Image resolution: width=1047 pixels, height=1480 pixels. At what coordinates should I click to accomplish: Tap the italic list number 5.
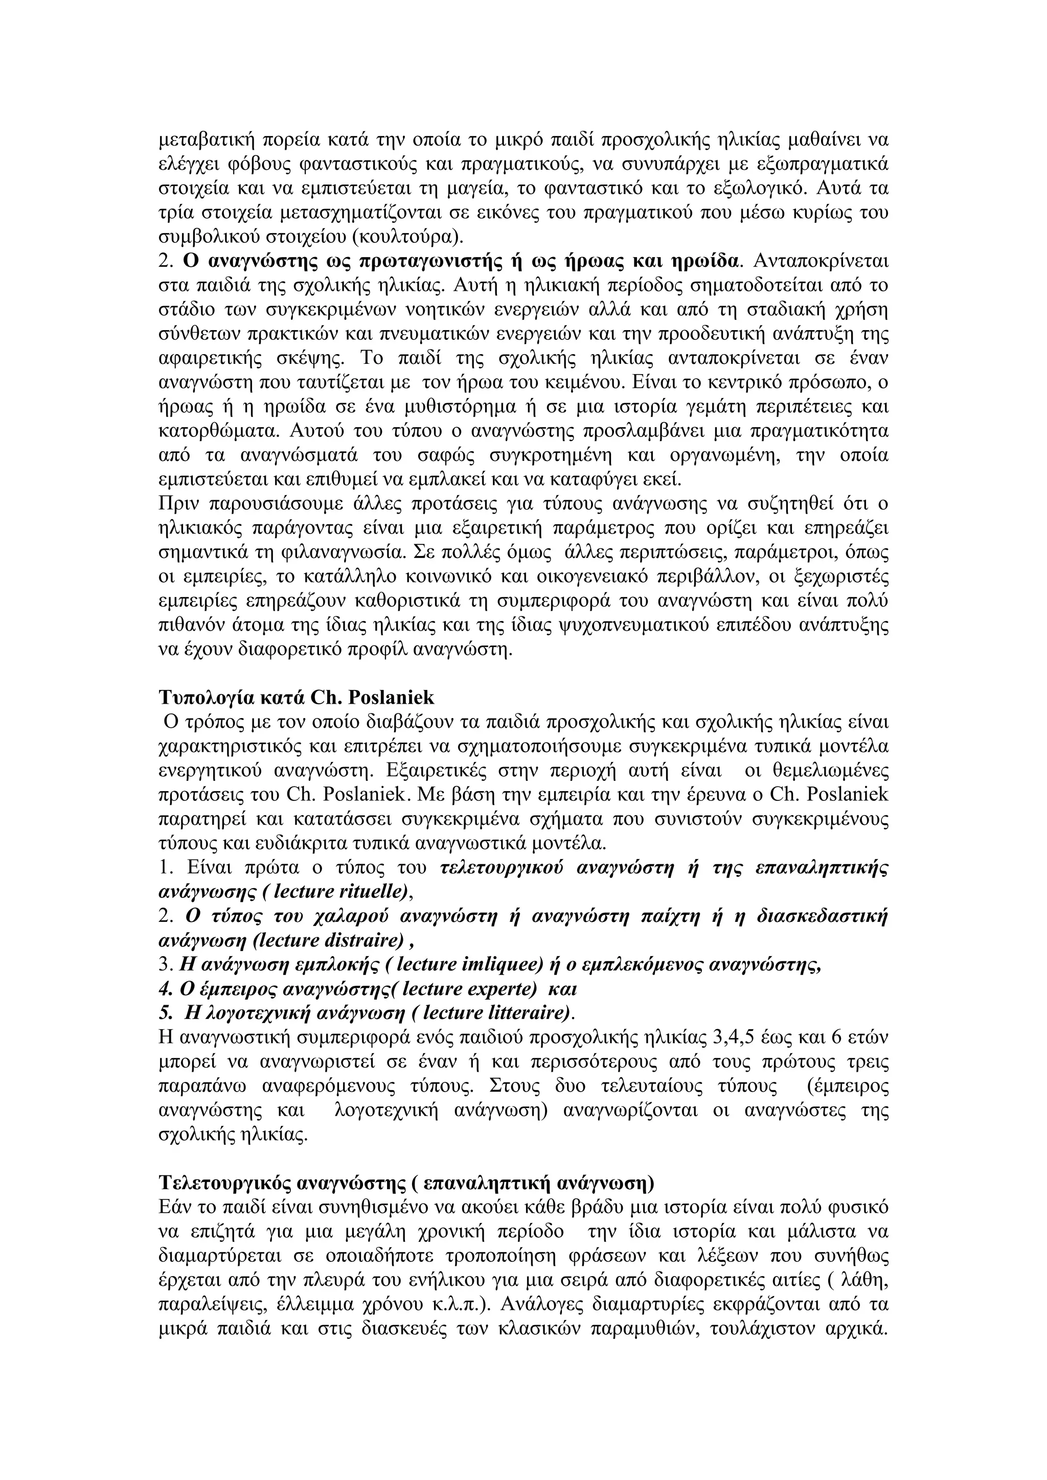point(165,1013)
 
